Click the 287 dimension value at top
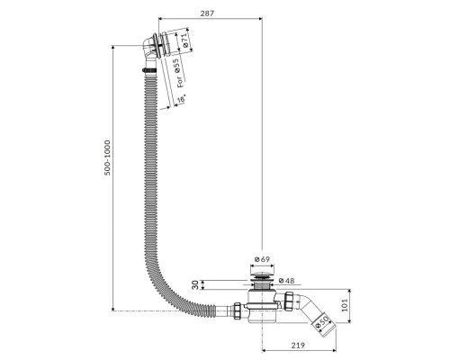click(207, 13)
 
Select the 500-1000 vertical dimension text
click(107, 157)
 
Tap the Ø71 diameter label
click(184, 40)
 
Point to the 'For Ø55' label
click(178, 73)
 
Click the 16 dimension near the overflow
click(182, 99)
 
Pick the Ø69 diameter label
click(262, 259)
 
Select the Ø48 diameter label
click(286, 281)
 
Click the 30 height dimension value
click(195, 284)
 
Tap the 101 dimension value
click(345, 305)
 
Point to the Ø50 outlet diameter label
click(321, 321)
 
